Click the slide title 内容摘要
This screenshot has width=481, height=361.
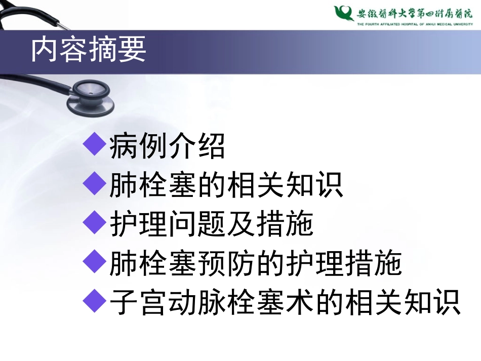click(x=89, y=51)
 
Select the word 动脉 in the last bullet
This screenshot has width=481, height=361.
click(x=212, y=303)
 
